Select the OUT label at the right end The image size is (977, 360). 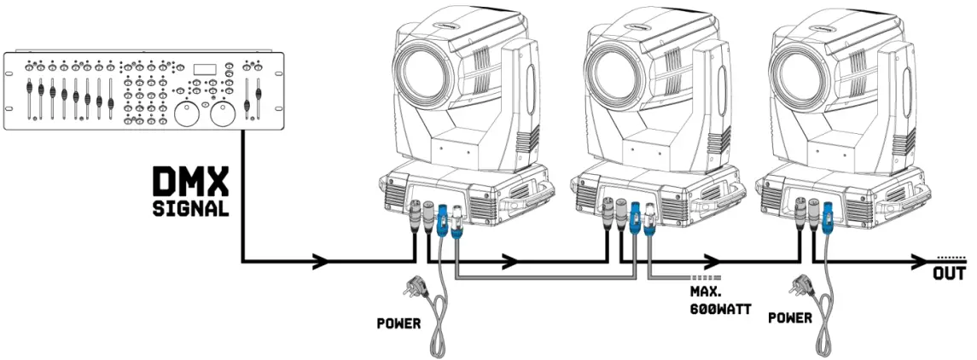[x=949, y=275]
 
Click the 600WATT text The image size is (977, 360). [x=720, y=309]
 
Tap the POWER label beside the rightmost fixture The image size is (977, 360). [x=790, y=317]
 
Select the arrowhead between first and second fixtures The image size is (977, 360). [x=511, y=259]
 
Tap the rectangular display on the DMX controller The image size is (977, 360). [x=204, y=70]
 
